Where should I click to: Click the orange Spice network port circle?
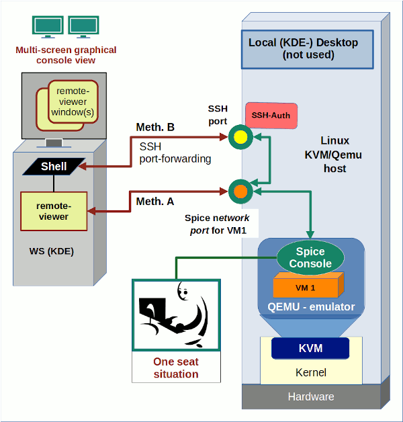pos(239,192)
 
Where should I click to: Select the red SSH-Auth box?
pos(271,116)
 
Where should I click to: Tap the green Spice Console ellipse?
pos(310,258)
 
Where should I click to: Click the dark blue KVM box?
pos(310,349)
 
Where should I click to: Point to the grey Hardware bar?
pos(310,396)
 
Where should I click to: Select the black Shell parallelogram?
pos(54,166)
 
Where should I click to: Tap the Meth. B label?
pos(156,128)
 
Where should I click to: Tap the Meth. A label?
pos(155,202)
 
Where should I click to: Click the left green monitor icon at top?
pos(48,27)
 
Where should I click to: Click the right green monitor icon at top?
pos(83,27)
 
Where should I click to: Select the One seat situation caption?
pos(176,368)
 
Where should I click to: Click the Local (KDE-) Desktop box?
pos(308,49)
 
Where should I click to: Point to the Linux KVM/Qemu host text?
pos(334,155)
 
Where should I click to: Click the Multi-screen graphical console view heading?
pos(65,55)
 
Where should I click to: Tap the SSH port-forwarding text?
pos(175,153)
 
